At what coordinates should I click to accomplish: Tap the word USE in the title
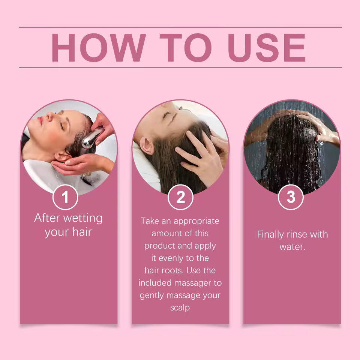click(x=267, y=48)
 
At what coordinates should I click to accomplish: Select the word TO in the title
click(x=185, y=48)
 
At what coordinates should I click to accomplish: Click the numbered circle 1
click(x=65, y=197)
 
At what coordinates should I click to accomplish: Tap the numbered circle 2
click(x=180, y=197)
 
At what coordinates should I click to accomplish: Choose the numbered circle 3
click(x=291, y=197)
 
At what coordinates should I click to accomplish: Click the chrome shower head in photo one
click(x=92, y=138)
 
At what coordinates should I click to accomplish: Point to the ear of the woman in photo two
click(x=147, y=146)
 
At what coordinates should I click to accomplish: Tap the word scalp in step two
click(x=180, y=307)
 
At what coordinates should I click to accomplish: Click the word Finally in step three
click(x=270, y=235)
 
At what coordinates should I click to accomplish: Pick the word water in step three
click(x=292, y=247)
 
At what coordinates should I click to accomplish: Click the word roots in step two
click(x=173, y=270)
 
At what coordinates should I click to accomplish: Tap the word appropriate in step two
click(x=196, y=221)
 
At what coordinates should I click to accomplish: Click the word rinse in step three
click(x=297, y=234)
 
